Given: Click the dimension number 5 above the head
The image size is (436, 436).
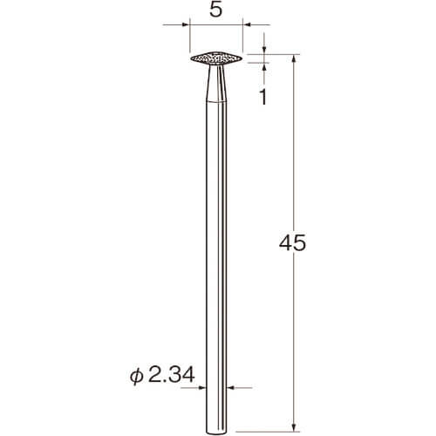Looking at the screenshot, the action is [215, 10].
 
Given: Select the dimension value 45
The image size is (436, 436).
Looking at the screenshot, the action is [292, 243].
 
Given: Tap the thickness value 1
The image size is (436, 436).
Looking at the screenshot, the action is [263, 98].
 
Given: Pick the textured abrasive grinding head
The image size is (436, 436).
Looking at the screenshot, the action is [216, 58].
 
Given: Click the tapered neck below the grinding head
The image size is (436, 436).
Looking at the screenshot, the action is [216, 83].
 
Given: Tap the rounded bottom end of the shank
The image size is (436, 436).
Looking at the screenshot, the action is [216, 433].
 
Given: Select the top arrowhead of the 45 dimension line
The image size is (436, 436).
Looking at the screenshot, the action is [294, 58].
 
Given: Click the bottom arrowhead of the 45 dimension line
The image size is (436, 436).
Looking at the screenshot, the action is [294, 427].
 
